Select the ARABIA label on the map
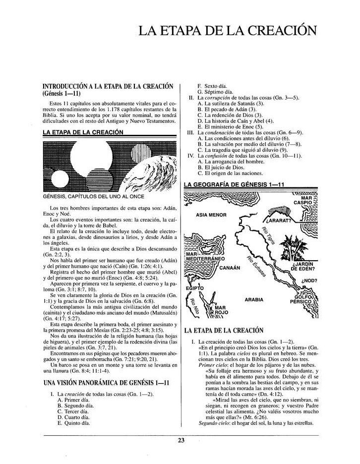253,299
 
